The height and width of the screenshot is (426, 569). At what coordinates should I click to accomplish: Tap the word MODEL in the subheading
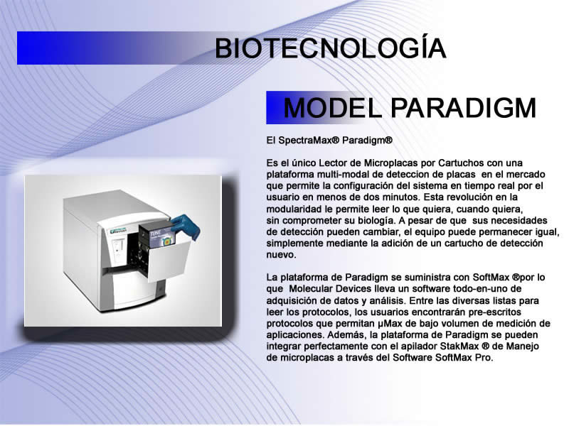(332, 108)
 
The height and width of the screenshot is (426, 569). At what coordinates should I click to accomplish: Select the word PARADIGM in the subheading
(464, 108)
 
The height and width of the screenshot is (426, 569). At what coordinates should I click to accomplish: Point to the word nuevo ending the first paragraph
(281, 255)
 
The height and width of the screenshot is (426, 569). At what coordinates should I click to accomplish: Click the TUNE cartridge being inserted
(159, 234)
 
